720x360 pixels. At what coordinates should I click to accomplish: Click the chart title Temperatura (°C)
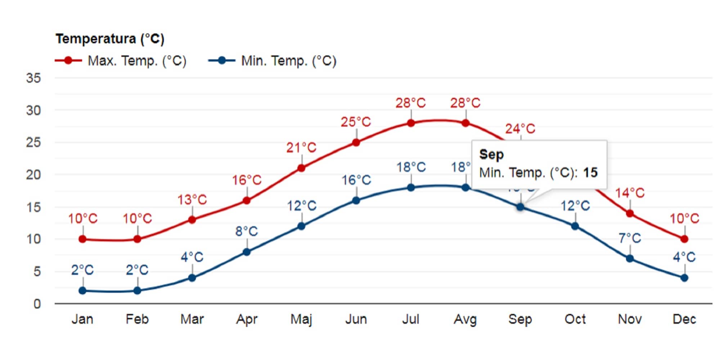coord(110,39)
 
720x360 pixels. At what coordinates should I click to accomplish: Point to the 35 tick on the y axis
coord(33,78)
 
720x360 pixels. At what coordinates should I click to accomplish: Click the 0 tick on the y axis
coord(37,304)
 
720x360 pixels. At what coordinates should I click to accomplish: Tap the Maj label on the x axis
coord(301,319)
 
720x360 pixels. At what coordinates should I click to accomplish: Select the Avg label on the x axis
coord(465,319)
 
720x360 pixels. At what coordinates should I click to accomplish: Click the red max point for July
coord(411,123)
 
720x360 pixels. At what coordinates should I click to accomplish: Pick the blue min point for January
coord(82,291)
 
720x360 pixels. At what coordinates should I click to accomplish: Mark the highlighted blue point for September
coord(520,207)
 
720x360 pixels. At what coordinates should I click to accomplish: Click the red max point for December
coord(684,239)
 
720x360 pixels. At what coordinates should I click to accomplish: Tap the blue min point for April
coord(247,252)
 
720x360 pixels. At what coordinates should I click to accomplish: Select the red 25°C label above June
coord(356,122)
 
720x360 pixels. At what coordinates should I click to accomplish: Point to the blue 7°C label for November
coord(630,238)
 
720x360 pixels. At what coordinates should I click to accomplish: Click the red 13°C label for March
coord(192,199)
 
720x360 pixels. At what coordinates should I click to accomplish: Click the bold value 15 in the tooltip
coord(590,173)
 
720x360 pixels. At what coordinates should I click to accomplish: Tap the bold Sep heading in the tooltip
coord(491,155)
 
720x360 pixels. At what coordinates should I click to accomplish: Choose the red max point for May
coord(301,168)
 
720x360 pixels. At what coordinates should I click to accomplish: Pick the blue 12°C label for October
coord(575,206)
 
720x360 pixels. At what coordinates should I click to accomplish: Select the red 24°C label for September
coord(520,129)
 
